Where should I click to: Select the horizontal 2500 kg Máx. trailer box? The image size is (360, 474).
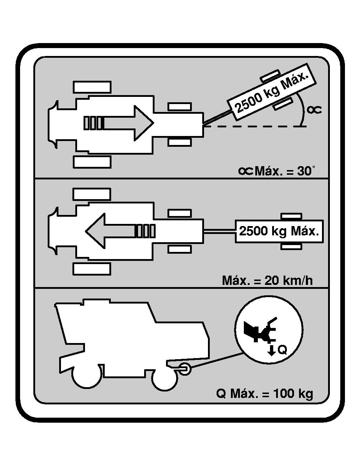tap(279, 231)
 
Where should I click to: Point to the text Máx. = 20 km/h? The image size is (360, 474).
tap(267, 280)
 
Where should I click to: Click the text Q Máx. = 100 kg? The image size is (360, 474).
tap(265, 394)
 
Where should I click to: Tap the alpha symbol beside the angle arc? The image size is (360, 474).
tap(314, 109)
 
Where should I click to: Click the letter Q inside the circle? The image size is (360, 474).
tap(283, 350)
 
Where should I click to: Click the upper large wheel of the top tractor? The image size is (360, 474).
tap(92, 87)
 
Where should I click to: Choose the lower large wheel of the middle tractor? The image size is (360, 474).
tap(91, 269)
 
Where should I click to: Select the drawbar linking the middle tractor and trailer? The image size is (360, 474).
tap(219, 231)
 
